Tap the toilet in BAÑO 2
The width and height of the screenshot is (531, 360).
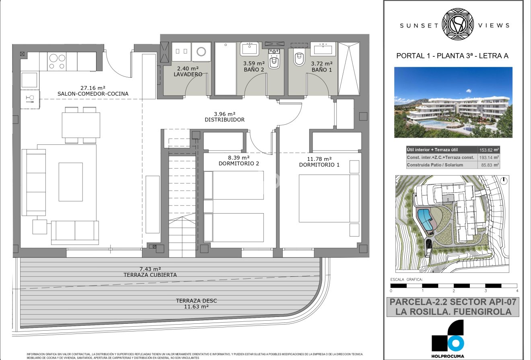pos(274,62)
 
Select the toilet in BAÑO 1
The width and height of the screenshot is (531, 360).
pos(299,59)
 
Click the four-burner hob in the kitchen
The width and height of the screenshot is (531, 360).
pos(57,62)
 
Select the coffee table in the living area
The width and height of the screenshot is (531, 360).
pos(71,181)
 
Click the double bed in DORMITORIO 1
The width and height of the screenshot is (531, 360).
pos(329,198)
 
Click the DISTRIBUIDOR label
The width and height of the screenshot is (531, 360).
pos(224,119)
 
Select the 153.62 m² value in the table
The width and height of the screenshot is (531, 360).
pos(488,150)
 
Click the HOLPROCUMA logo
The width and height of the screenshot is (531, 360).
pos(448,338)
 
